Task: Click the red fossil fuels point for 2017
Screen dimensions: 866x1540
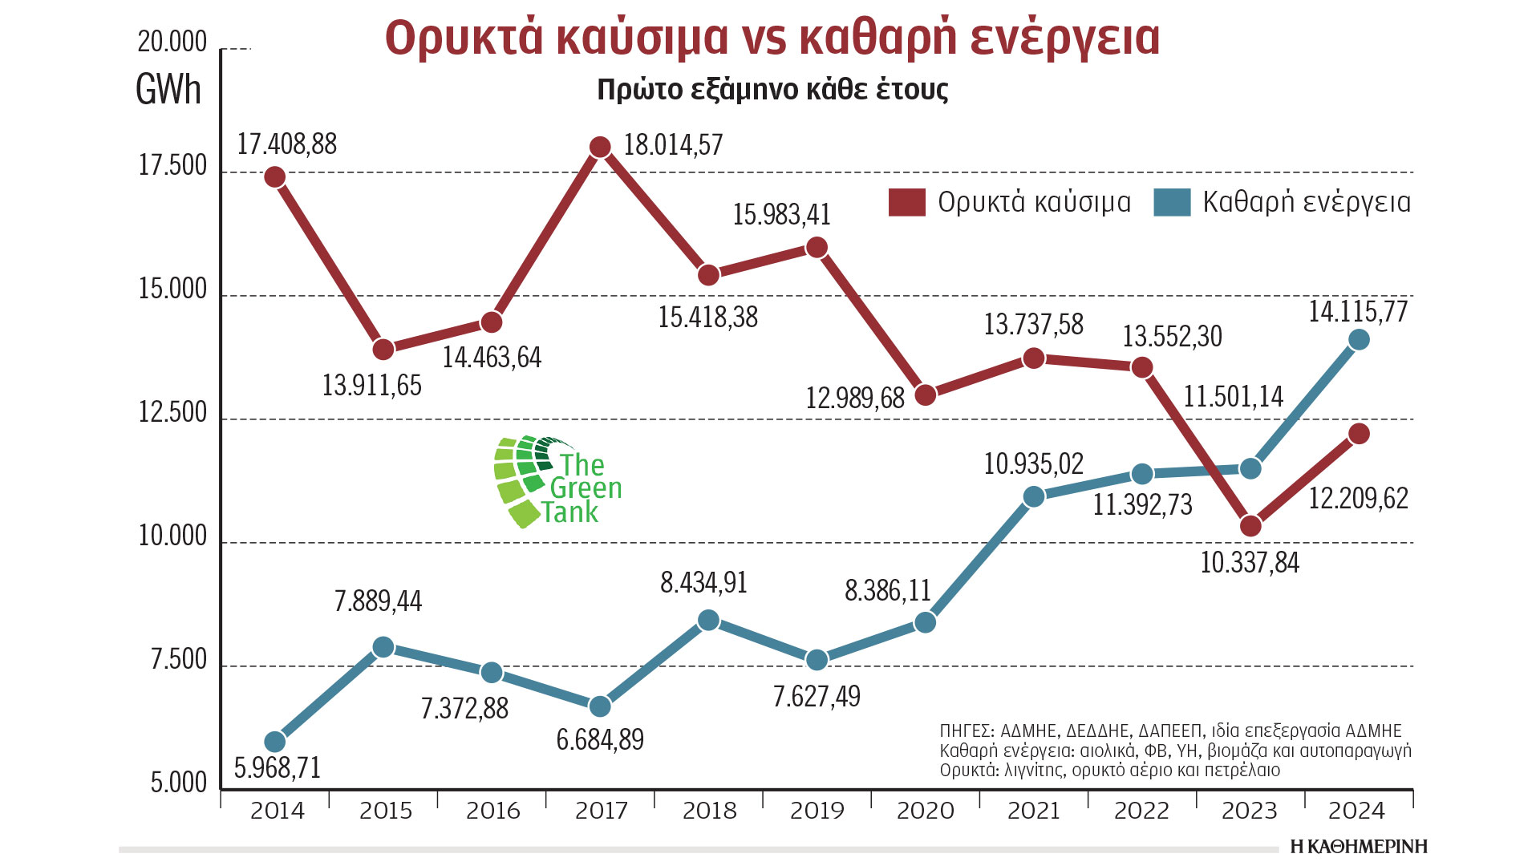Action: (600, 147)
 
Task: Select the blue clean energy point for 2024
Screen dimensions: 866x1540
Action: (1359, 340)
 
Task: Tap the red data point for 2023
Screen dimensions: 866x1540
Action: (1250, 526)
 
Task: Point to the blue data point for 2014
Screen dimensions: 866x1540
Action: (275, 742)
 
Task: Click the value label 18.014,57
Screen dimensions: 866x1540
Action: (673, 145)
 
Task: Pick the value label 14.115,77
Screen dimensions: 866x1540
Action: (1358, 311)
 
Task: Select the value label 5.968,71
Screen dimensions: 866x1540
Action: (278, 768)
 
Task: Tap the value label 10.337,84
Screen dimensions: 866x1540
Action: (1250, 563)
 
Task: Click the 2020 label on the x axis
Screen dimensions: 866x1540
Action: (925, 811)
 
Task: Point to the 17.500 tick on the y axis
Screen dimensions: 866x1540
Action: (172, 166)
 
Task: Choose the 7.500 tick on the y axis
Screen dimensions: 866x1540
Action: (179, 660)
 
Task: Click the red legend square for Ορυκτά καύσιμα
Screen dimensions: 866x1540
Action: (907, 202)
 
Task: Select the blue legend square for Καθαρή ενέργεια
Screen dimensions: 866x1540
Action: (1172, 202)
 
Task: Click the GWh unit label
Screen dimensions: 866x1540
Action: (168, 89)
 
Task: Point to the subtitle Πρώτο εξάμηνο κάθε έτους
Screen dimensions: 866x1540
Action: (772, 89)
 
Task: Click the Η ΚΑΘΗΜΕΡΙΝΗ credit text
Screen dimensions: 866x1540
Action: (1359, 847)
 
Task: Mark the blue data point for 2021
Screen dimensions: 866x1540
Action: (1034, 497)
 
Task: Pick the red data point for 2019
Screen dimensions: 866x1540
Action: (817, 247)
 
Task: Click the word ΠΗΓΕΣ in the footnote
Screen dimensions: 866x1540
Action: (966, 731)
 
